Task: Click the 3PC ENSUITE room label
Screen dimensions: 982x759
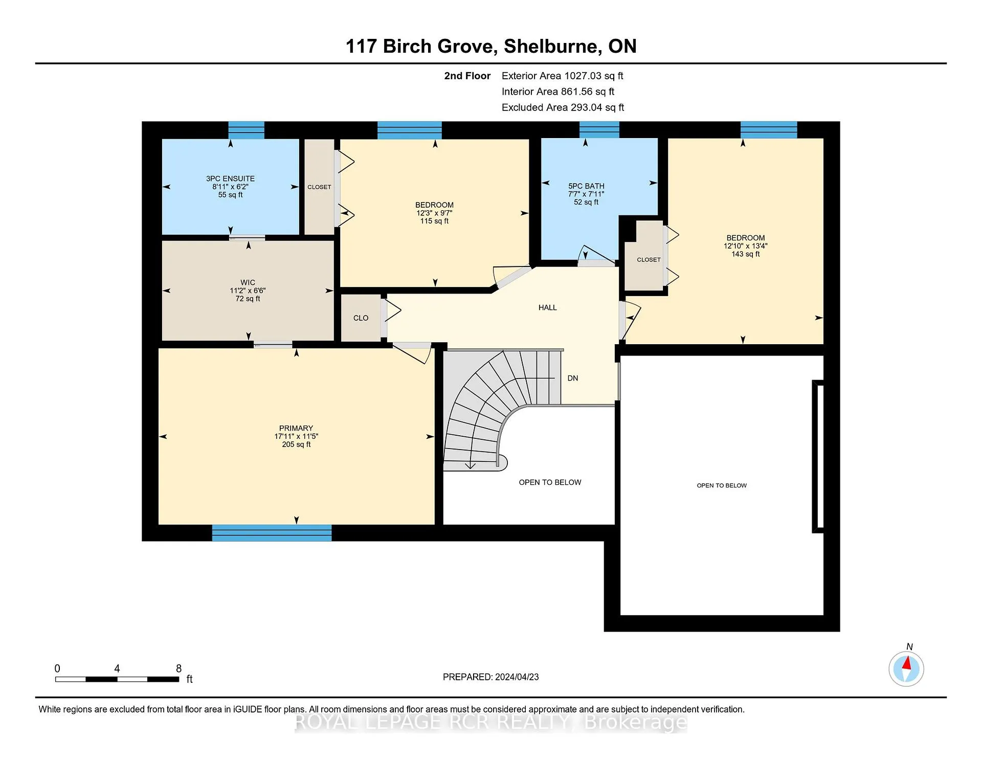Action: (x=230, y=178)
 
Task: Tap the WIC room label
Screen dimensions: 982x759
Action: (x=248, y=282)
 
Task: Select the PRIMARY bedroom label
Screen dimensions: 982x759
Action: (x=296, y=428)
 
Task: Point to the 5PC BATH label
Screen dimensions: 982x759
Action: (x=586, y=186)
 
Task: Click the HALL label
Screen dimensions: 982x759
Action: (x=548, y=307)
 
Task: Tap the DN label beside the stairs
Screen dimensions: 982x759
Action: (x=573, y=378)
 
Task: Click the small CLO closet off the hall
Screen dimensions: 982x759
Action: (x=361, y=318)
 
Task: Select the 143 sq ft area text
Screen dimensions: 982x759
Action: (x=746, y=254)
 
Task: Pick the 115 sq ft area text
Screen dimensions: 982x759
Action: (x=434, y=221)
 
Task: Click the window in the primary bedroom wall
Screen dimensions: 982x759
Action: (x=272, y=532)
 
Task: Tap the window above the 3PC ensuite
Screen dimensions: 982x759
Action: (x=246, y=130)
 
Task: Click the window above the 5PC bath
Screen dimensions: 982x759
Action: (x=599, y=130)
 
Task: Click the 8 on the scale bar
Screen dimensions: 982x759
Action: (x=178, y=668)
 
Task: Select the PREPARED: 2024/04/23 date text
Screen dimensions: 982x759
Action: (x=491, y=677)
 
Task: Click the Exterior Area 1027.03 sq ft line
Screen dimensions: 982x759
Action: (x=563, y=76)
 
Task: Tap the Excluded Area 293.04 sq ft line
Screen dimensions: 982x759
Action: (x=563, y=107)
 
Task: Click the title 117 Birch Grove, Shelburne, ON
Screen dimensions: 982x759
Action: (x=491, y=46)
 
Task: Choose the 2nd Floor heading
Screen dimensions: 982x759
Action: (x=467, y=76)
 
